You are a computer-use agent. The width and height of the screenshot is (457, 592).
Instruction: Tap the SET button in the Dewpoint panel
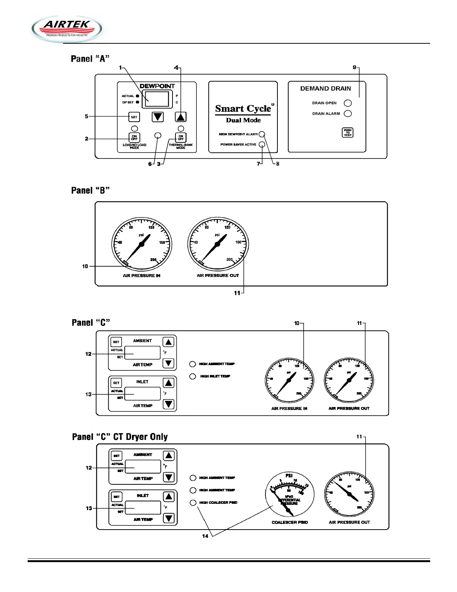[134, 117]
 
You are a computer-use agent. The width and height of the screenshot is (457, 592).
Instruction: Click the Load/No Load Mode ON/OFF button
[134, 138]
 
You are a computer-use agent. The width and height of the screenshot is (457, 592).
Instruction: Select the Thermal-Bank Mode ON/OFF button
[181, 138]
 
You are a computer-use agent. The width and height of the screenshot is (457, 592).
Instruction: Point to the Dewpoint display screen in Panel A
[157, 99]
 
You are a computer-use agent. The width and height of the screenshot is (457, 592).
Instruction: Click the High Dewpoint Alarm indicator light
[262, 134]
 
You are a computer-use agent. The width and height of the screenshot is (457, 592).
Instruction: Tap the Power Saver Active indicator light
[262, 145]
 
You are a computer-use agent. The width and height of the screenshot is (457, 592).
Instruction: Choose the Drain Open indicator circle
[348, 103]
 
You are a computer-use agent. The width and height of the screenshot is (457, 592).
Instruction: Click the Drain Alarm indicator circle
[348, 114]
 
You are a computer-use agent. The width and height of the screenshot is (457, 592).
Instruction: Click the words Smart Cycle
[243, 109]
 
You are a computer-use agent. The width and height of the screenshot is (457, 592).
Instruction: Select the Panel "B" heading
[90, 191]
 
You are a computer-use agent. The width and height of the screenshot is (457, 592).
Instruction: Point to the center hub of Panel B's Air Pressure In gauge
[142, 244]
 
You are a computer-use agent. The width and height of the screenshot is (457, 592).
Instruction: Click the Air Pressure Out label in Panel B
[218, 275]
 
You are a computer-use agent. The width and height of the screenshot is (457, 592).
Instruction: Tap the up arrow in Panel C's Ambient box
[169, 342]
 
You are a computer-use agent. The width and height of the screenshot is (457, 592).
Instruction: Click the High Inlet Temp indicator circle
[193, 376]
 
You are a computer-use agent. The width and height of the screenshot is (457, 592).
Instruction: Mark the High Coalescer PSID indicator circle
[193, 503]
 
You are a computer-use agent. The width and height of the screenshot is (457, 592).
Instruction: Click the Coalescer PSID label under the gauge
[290, 522]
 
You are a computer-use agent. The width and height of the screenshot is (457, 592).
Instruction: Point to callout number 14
[205, 536]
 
